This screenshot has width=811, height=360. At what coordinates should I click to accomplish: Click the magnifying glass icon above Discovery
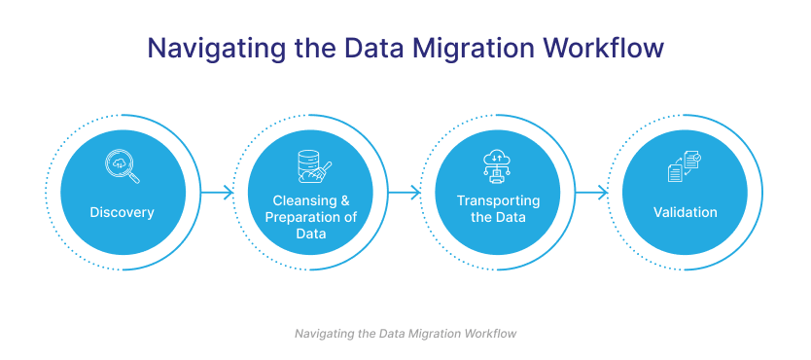pyautogui.click(x=123, y=166)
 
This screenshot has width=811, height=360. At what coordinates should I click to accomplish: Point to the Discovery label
pyautogui.click(x=123, y=212)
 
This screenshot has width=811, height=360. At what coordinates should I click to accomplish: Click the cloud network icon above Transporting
pyautogui.click(x=498, y=166)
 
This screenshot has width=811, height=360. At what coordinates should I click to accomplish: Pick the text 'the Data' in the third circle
pyautogui.click(x=498, y=217)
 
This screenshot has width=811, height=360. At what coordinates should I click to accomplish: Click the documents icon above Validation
pyautogui.click(x=685, y=166)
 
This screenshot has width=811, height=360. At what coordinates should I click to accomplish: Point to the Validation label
pyautogui.click(x=685, y=212)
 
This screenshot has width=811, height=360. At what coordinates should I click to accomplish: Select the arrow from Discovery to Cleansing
pyautogui.click(x=217, y=194)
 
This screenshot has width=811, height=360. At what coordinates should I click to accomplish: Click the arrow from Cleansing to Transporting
pyautogui.click(x=405, y=194)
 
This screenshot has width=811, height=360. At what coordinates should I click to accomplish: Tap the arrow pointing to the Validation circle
pyautogui.click(x=591, y=194)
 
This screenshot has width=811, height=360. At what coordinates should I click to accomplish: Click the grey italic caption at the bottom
pyautogui.click(x=405, y=334)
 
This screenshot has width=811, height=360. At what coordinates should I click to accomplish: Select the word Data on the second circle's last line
pyautogui.click(x=311, y=234)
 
